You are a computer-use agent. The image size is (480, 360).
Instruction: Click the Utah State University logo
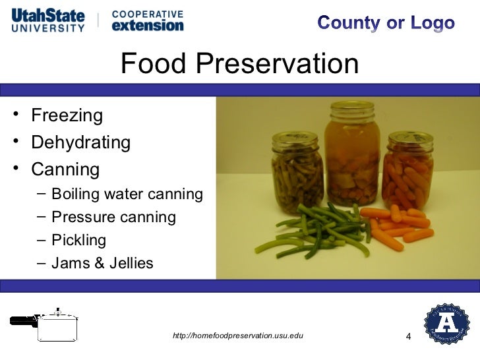tap(47, 20)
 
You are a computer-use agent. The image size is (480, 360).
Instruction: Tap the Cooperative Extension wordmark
tap(147, 20)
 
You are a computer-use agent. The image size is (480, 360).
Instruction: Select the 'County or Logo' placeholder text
tap(386, 23)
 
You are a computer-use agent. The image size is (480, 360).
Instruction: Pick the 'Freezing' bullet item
tap(67, 116)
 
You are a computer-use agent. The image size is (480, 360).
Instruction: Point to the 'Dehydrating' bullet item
tap(81, 142)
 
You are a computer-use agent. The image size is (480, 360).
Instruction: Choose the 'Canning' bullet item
tap(65, 169)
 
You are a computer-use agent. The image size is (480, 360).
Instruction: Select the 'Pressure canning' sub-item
tap(113, 217)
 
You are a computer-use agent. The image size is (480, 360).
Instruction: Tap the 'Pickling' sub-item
tap(78, 240)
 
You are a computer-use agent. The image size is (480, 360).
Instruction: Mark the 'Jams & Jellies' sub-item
tap(102, 264)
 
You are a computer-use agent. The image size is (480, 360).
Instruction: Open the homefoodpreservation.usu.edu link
tap(237, 336)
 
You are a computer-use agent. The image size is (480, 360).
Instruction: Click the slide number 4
tap(408, 338)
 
